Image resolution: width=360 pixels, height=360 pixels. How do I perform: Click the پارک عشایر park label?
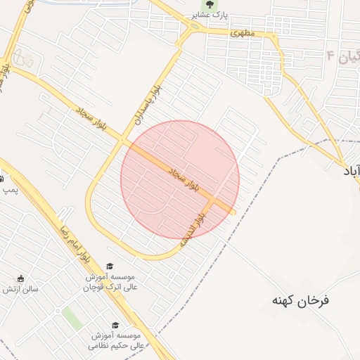[x=210, y=15]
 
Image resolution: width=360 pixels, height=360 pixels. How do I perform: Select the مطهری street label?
[x=240, y=33]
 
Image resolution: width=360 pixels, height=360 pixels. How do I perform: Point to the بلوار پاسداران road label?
[x=148, y=105]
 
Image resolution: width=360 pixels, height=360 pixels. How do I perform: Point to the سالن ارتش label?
[x=20, y=288]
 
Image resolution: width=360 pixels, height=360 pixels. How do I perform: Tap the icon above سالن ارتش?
[x=20, y=278]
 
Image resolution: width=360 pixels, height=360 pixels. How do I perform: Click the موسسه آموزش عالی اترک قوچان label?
[x=108, y=282]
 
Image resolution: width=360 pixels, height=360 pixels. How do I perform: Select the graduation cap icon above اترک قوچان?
[x=109, y=266]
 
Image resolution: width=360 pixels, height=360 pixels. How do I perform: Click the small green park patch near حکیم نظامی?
[x=72, y=319]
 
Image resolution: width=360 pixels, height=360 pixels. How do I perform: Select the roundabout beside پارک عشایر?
[x=193, y=28]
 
